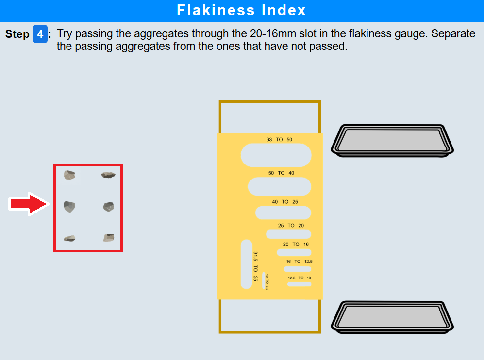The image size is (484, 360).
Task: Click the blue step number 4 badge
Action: (x=40, y=34)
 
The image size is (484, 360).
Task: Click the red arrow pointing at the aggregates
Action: (x=29, y=204)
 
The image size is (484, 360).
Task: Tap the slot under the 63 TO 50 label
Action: (x=276, y=155)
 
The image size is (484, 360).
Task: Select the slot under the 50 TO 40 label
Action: (x=279, y=187)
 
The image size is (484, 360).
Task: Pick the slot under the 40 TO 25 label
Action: (x=283, y=213)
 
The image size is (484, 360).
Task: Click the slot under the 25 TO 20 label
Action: (x=288, y=234)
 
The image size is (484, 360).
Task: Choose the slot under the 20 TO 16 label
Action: (x=294, y=253)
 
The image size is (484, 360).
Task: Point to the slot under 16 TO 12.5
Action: (x=298, y=269)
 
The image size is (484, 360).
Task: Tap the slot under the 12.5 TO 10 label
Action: (x=299, y=284)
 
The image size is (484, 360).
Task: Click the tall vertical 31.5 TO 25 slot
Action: (x=247, y=264)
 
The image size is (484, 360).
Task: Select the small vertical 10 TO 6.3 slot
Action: (x=264, y=280)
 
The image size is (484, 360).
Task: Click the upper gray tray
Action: (x=392, y=141)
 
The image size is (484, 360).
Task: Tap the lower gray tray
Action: (x=392, y=317)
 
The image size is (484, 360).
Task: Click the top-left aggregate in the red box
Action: (x=69, y=175)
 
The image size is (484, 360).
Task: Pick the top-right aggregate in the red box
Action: (x=108, y=175)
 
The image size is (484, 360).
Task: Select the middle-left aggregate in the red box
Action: (x=69, y=207)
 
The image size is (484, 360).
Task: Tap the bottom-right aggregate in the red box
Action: (x=109, y=238)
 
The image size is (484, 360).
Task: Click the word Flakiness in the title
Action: (x=216, y=10)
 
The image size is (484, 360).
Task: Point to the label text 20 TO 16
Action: (x=296, y=245)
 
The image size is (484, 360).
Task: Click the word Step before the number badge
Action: (x=17, y=34)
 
